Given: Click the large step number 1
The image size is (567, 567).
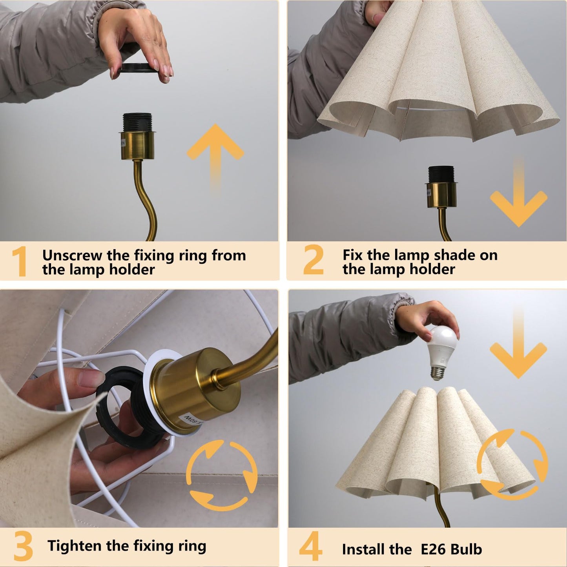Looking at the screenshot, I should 19,262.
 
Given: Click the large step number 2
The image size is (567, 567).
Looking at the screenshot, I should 314,260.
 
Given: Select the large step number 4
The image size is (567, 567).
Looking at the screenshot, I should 310,547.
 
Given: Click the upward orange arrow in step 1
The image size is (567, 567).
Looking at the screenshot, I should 215,155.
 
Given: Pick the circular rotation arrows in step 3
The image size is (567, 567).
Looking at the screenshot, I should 222,475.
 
